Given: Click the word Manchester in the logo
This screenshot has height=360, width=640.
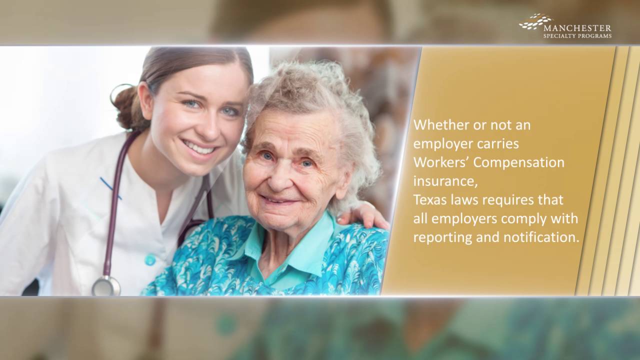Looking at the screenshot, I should [577, 27].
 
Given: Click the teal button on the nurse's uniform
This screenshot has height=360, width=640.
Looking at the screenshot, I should [150, 260].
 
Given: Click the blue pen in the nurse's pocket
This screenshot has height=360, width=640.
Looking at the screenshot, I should [110, 188].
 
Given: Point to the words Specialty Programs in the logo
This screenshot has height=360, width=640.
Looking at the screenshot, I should [577, 36].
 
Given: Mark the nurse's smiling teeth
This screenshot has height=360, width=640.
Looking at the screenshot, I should [198, 148].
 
